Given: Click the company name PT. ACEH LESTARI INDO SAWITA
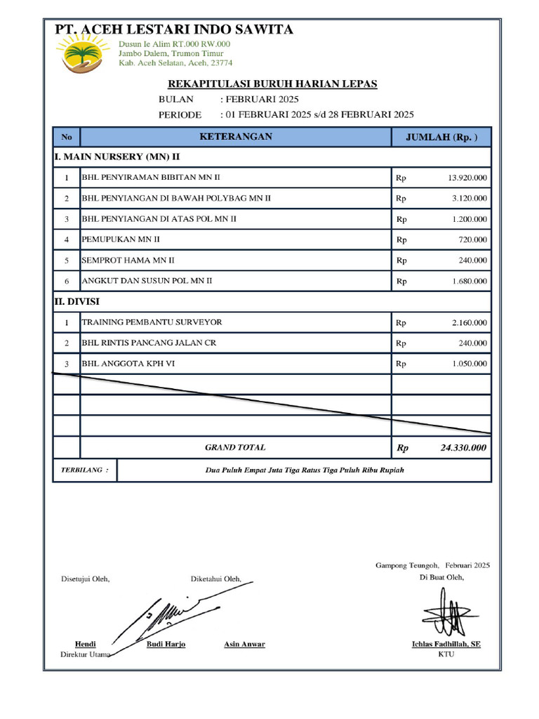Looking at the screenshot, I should pyautogui.click(x=175, y=29).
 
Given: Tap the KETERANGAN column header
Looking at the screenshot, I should pyautogui.click(x=236, y=137).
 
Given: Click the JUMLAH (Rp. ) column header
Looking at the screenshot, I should pyautogui.click(x=441, y=137).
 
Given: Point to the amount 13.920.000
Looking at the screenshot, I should pyautogui.click(x=467, y=178).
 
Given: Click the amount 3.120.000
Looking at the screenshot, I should pyautogui.click(x=470, y=199).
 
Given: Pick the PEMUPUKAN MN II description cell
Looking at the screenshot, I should pyautogui.click(x=121, y=239).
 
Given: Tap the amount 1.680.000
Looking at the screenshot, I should pyautogui.click(x=470, y=281).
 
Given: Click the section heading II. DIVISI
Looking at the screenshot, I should pyautogui.click(x=77, y=302).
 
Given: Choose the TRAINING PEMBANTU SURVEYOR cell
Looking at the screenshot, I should pyautogui.click(x=152, y=322).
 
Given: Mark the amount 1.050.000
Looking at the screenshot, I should pyautogui.click(x=470, y=364).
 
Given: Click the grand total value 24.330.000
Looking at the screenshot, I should pyautogui.click(x=463, y=447).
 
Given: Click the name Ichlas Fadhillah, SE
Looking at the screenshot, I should pyautogui.click(x=446, y=644).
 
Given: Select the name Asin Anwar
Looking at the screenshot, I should pyautogui.click(x=244, y=644).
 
